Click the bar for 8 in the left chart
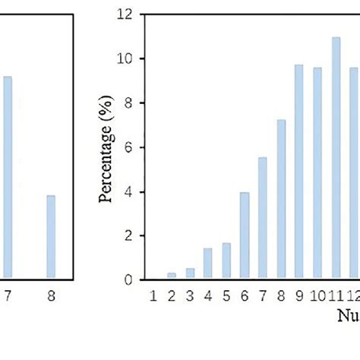51,236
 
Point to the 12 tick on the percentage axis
123,14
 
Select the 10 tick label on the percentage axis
123,58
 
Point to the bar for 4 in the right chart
208,264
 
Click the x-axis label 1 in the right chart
153,293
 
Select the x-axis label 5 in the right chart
226,293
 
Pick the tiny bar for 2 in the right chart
172,276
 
